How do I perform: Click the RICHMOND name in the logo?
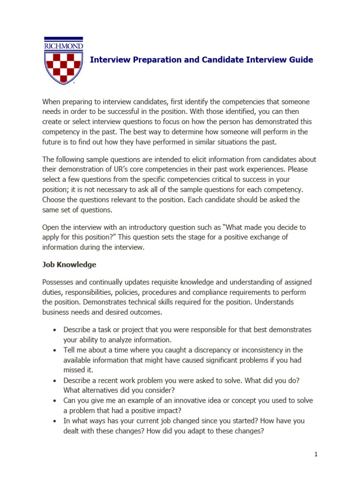tap(63, 46)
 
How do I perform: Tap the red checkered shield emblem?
tap(63, 67)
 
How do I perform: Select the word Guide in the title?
tap(301, 60)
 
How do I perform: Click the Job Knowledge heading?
tap(69, 264)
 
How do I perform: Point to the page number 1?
tap(316, 454)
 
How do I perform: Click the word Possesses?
tap(59, 282)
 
